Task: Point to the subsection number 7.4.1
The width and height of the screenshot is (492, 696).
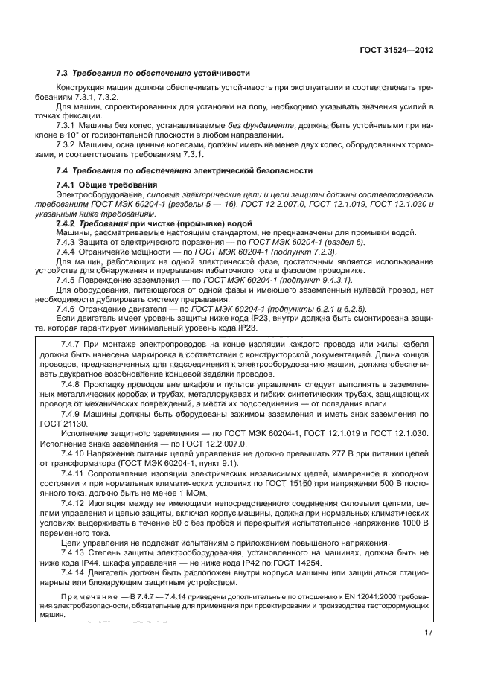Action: coord(69,184)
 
